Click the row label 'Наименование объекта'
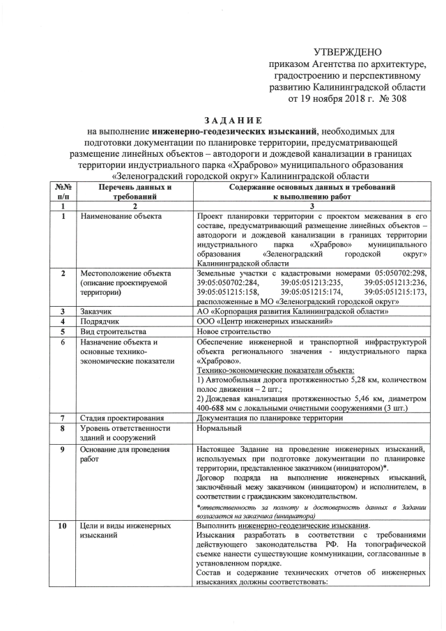[x=121, y=217]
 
